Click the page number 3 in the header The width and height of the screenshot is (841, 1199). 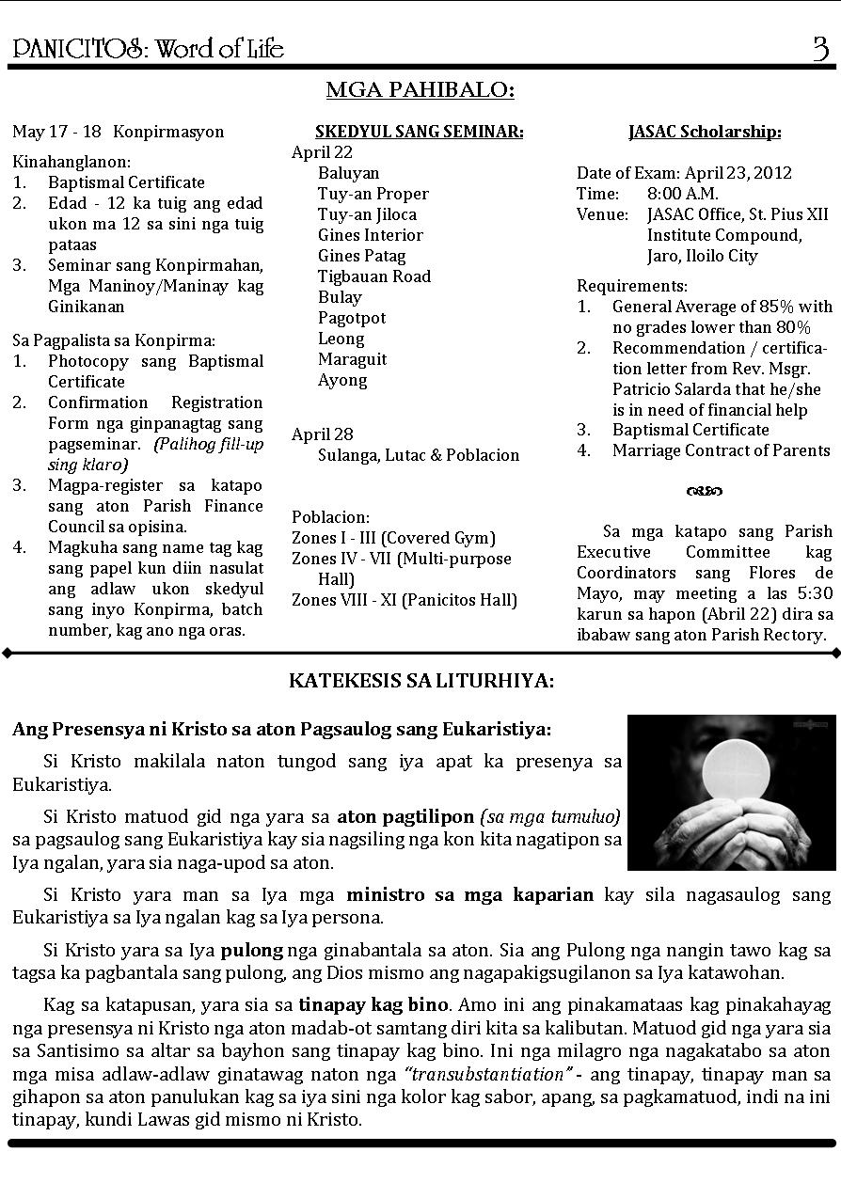tap(820, 48)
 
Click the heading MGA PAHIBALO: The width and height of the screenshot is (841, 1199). tap(420, 90)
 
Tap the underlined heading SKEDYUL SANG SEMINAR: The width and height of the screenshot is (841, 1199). tap(419, 132)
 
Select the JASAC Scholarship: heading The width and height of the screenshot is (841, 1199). tap(705, 132)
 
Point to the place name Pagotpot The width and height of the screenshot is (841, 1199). tap(351, 318)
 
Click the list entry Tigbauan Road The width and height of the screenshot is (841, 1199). tap(373, 276)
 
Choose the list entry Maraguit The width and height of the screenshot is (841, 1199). tap(352, 359)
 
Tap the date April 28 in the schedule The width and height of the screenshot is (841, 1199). tap(322, 434)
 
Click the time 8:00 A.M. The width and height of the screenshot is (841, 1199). tap(682, 194)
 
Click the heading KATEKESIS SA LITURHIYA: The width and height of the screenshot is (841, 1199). tap(420, 680)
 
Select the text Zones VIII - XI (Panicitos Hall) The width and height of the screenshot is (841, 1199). tap(404, 600)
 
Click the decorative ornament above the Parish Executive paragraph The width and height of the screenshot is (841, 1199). tap(704, 490)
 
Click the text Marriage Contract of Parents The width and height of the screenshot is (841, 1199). tap(721, 450)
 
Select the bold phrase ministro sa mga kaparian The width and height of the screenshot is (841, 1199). tap(469, 894)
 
